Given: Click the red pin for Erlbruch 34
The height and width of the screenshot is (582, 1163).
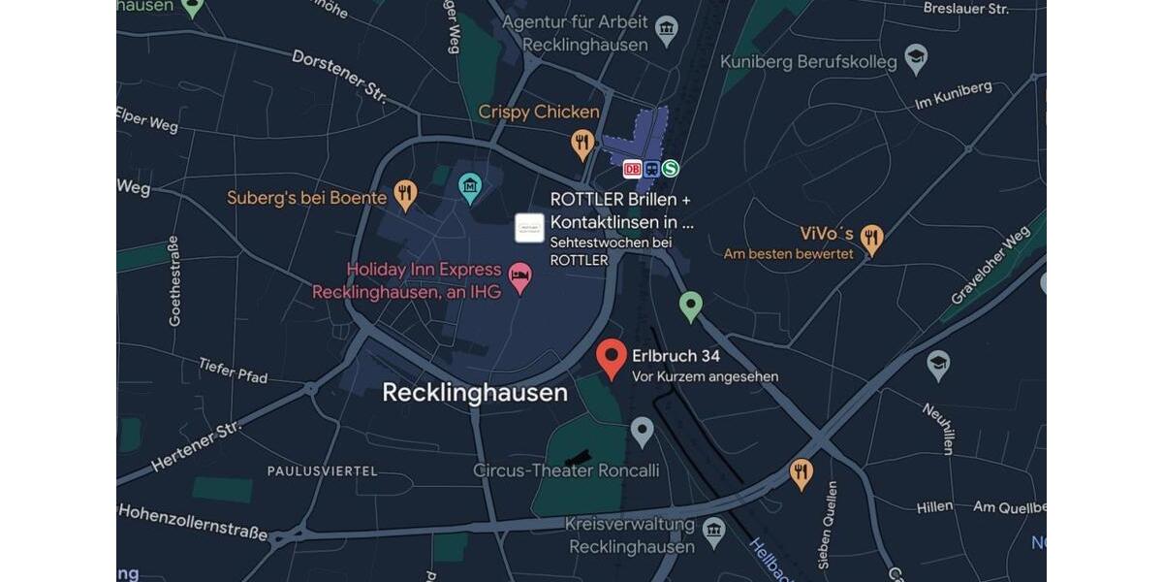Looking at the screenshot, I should (611, 357).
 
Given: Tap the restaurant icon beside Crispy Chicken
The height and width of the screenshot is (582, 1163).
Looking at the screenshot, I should (582, 145).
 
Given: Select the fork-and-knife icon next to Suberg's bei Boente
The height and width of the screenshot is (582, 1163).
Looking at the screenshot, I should (405, 194).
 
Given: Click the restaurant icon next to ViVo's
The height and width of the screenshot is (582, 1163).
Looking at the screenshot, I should (872, 238).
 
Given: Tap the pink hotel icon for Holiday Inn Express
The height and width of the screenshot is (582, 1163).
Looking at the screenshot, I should (520, 278).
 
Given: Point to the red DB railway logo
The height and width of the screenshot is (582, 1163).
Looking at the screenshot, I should (632, 169).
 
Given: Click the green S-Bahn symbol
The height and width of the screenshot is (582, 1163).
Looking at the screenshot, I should (670, 169).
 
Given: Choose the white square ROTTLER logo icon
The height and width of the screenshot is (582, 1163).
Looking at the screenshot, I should (529, 228).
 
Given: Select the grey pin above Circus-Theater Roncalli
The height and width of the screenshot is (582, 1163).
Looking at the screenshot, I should (642, 431).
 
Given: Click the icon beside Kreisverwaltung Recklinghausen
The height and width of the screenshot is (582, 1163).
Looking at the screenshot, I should (714, 531).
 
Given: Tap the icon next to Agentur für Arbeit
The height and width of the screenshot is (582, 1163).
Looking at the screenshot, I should (667, 29).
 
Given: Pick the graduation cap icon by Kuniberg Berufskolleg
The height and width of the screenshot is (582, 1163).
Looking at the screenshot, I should (916, 58).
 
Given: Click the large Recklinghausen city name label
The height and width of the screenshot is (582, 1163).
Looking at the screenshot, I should (475, 393).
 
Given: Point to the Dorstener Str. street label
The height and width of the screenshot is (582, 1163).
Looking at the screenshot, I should (338, 76).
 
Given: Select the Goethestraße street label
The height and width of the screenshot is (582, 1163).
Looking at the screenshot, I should (174, 280).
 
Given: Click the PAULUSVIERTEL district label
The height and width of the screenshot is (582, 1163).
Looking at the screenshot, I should (323, 471).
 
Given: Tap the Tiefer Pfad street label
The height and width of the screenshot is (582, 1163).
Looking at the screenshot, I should (233, 370).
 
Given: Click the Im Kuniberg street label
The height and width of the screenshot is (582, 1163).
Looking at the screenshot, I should (954, 94).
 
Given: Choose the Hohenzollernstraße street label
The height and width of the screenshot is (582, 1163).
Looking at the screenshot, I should (193, 522).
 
